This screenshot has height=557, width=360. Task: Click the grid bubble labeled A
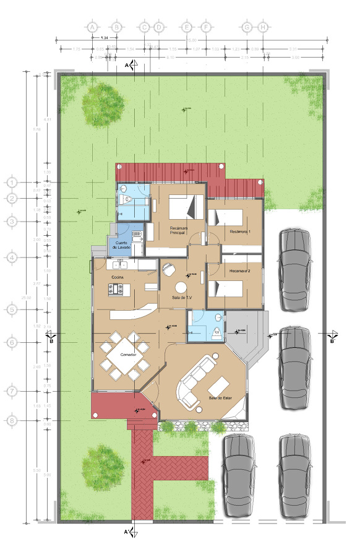point(92,28)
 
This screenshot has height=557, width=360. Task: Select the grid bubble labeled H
point(264,28)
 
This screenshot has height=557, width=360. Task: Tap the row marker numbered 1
point(12,183)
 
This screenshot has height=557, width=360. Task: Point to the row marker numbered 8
point(12,421)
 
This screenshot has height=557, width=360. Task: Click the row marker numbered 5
point(12,309)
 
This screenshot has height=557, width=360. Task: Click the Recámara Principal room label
point(178,230)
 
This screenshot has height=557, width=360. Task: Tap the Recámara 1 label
point(240,231)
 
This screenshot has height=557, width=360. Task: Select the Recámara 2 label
point(240,271)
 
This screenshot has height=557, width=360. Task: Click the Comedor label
point(128,355)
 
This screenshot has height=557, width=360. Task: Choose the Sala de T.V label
point(182,298)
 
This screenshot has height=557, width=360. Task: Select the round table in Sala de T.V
point(181,287)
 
